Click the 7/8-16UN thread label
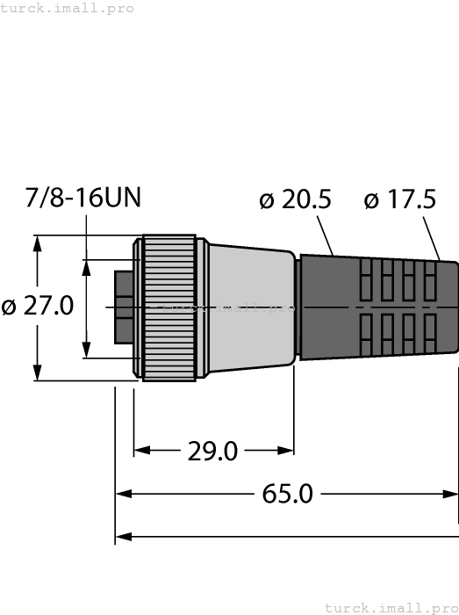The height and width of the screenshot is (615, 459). click(83, 197)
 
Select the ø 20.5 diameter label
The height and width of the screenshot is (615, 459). click(295, 200)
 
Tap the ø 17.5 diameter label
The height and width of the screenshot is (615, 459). click(399, 200)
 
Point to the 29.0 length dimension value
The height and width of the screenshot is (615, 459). click(212, 452)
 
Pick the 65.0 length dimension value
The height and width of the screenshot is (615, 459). click(288, 494)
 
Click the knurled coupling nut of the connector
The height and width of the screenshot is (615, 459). click(169, 307)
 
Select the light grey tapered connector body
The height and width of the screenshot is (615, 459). click(250, 307)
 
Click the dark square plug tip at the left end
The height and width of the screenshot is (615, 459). click(124, 307)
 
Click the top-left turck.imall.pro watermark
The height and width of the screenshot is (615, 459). click(68, 8)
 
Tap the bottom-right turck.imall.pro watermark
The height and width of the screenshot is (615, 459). click(391, 607)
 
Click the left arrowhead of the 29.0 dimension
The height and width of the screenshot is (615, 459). click(140, 451)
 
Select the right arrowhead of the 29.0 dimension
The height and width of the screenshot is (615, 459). click(287, 451)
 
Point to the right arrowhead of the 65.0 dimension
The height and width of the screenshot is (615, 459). click(451, 494)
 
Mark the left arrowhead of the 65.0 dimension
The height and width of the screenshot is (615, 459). click(123, 494)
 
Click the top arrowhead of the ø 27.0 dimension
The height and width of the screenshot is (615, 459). click(37, 243)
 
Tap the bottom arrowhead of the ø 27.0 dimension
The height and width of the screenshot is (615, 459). click(37, 373)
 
